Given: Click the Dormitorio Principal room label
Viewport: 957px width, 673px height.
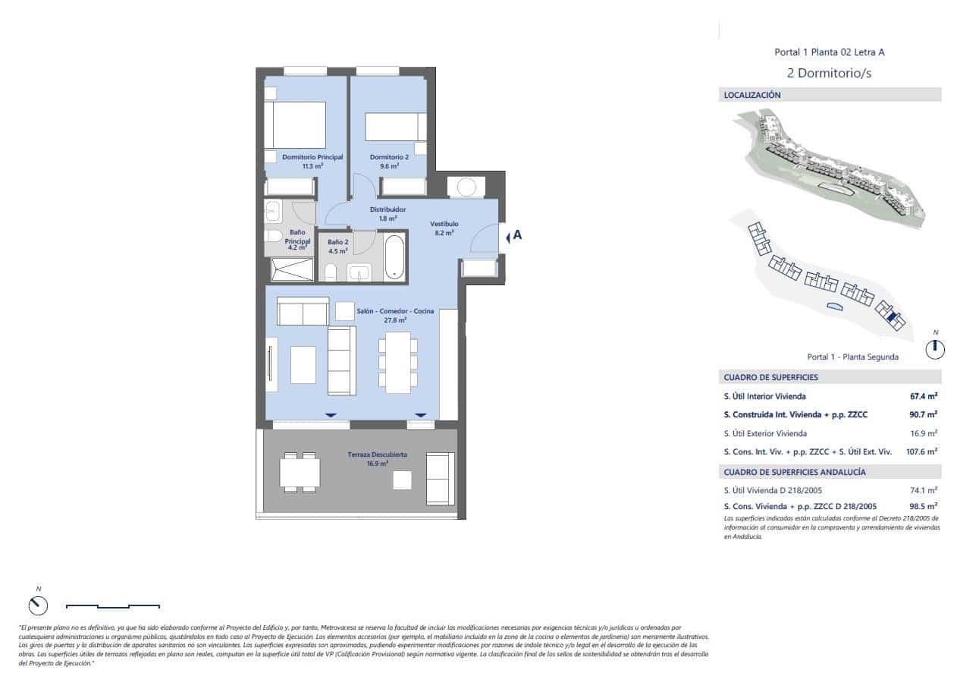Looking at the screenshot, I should [312, 157].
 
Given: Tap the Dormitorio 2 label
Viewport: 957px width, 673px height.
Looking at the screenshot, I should [389, 157].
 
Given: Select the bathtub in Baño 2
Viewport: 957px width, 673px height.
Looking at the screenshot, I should [395, 258].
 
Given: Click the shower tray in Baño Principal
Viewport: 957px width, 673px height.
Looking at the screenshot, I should [290, 269].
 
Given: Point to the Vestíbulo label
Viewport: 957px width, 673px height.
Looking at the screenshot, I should [444, 224].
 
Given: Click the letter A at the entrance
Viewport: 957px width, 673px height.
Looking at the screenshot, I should [517, 235].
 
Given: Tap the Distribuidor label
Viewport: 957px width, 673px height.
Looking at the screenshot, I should [388, 209].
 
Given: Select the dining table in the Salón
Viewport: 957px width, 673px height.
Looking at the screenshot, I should [397, 362].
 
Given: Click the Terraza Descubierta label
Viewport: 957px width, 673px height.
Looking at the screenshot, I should [378, 454].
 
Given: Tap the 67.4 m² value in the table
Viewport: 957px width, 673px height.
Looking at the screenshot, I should [923, 396].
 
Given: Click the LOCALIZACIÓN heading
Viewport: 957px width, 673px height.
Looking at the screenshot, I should [752, 96].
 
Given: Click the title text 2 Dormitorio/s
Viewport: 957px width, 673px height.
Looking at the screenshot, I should [829, 74].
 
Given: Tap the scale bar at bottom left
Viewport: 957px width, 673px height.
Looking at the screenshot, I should [113, 605].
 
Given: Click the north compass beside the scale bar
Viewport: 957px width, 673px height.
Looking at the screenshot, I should [38, 605].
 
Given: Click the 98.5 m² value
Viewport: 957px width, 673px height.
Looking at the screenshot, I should [923, 506].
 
